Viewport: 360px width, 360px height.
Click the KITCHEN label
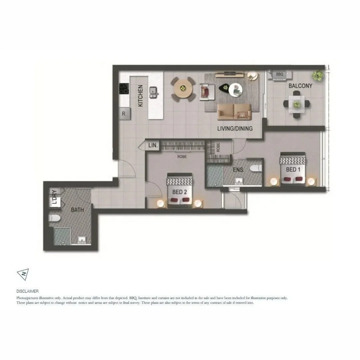(x=140, y=96)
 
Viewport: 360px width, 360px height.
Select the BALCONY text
(x=300, y=86)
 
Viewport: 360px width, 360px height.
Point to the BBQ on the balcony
(x=279, y=74)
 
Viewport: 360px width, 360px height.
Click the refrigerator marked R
(x=124, y=113)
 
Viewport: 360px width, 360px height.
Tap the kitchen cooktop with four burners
(x=124, y=89)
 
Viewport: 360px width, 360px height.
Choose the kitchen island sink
(x=154, y=92)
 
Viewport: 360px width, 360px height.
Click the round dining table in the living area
(x=182, y=89)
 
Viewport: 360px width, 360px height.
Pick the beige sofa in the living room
(x=234, y=111)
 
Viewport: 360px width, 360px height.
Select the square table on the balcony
(x=296, y=104)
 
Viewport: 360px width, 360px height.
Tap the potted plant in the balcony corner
(x=318, y=76)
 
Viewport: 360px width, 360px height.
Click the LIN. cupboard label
(x=153, y=146)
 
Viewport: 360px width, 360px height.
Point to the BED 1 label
(x=293, y=170)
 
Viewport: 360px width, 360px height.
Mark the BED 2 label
(x=179, y=192)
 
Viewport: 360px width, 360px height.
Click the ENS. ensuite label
(x=238, y=170)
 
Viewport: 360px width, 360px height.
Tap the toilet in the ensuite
(x=256, y=168)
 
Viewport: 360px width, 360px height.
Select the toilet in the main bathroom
(x=54, y=218)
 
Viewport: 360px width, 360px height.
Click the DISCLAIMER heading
(x=27, y=291)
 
